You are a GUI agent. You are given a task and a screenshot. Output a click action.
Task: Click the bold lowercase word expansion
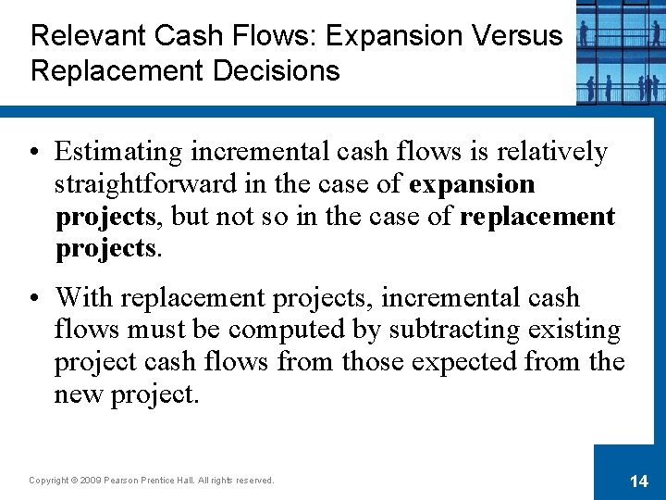pyautogui.click(x=472, y=184)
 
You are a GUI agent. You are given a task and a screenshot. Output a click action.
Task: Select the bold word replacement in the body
pyautogui.click(x=536, y=217)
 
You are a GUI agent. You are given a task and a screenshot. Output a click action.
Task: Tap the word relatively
pyautogui.click(x=555, y=152)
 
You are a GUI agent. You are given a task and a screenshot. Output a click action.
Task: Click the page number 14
pyautogui.click(x=638, y=481)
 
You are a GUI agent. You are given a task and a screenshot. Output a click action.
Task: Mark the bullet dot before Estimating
pyautogui.click(x=36, y=153)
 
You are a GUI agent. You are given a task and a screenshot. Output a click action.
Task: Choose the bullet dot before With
pyautogui.click(x=36, y=299)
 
